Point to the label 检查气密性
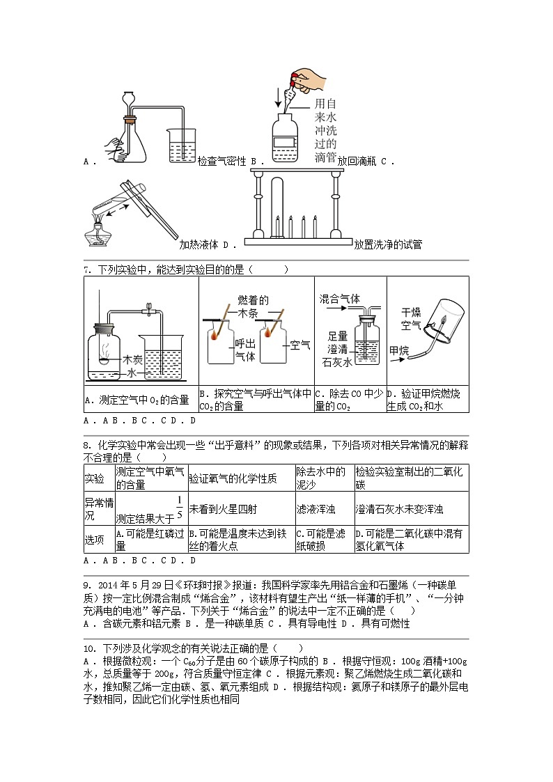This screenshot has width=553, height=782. point(222,161)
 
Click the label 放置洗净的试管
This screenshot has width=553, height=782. point(387,244)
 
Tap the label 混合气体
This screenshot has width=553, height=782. point(339,298)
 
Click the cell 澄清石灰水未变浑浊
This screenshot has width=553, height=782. point(399,509)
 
